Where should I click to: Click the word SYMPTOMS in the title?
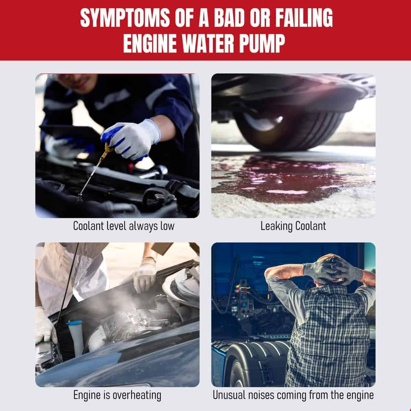click(125, 18)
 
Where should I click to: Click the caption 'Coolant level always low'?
click(124, 226)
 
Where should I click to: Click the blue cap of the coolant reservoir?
click(74, 323)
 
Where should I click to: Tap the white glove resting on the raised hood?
click(145, 275)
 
